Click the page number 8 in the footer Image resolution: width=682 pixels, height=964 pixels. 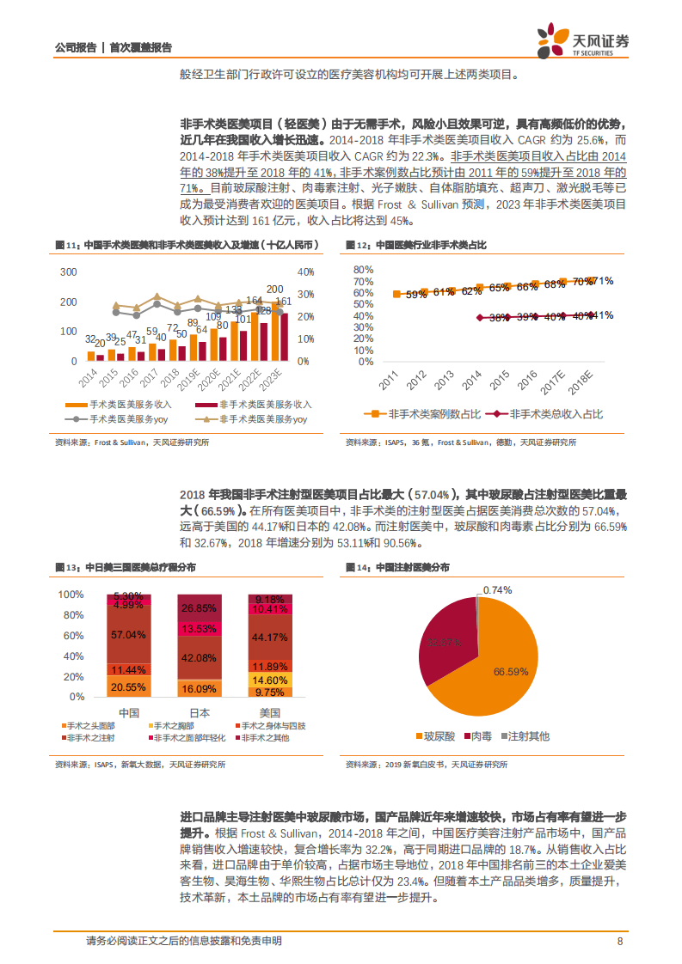point(620,941)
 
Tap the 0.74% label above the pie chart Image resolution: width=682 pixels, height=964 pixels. point(497,590)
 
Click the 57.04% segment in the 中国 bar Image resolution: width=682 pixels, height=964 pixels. point(129,635)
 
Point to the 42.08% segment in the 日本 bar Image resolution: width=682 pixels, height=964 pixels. point(199,657)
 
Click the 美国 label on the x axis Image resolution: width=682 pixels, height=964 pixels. point(270,713)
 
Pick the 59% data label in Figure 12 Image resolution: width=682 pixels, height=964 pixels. point(416,295)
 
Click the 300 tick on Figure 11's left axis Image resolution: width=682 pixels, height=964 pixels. point(69,272)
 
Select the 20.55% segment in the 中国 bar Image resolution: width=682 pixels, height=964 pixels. point(129,687)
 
